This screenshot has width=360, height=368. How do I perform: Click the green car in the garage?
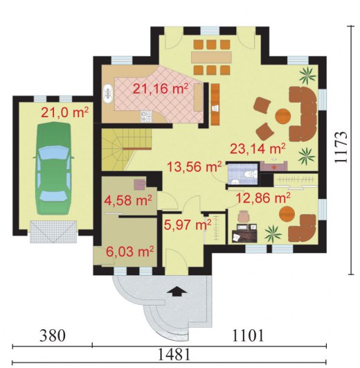[53, 168]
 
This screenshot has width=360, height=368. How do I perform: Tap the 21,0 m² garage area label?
[64, 112]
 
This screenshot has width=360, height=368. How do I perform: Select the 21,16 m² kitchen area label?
[161, 89]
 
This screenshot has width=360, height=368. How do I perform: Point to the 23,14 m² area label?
[258, 148]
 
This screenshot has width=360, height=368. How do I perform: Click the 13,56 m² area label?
[195, 167]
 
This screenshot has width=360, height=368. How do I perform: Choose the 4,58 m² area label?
[128, 200]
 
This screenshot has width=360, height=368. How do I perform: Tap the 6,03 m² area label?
[130, 252]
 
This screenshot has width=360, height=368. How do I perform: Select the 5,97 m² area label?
[188, 225]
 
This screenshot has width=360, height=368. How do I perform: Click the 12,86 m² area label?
[263, 198]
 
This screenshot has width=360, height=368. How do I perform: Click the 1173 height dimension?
[341, 147]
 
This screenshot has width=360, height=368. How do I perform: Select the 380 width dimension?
[52, 335]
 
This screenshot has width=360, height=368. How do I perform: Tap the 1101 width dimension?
[248, 335]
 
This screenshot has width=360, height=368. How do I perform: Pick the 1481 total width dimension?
[174, 354]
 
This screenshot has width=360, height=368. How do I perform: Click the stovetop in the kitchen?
[147, 116]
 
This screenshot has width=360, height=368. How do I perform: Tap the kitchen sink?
[108, 94]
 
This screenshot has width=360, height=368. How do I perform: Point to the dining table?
[211, 57]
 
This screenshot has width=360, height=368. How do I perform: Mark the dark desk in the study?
[244, 236]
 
